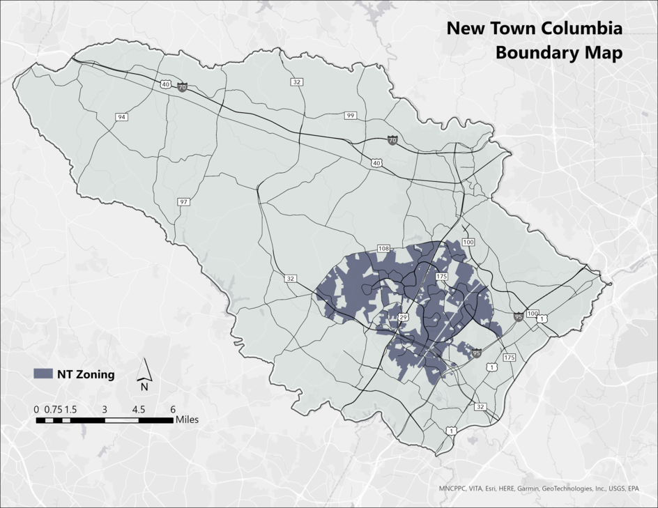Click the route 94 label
click(122, 117)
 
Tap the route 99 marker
click(350, 115)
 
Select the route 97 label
click(183, 201)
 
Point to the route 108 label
click(383, 248)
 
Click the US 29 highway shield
click(402, 318)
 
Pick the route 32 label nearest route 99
click(297, 82)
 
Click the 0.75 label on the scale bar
click(52, 409)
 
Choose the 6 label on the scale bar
click(172, 409)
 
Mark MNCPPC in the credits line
click(456, 488)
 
